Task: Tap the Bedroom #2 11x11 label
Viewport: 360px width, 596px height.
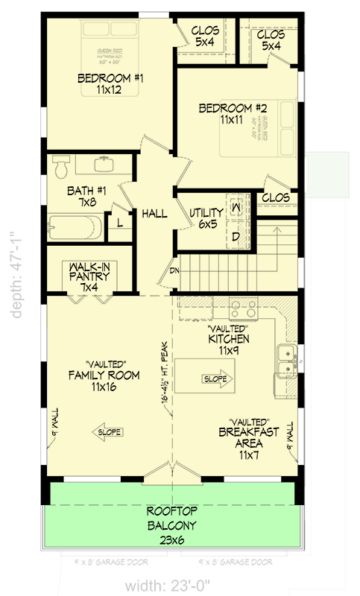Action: pos(228,113)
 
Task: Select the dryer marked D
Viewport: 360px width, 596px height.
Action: pos(236,236)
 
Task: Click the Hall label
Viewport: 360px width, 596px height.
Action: pos(154,214)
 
